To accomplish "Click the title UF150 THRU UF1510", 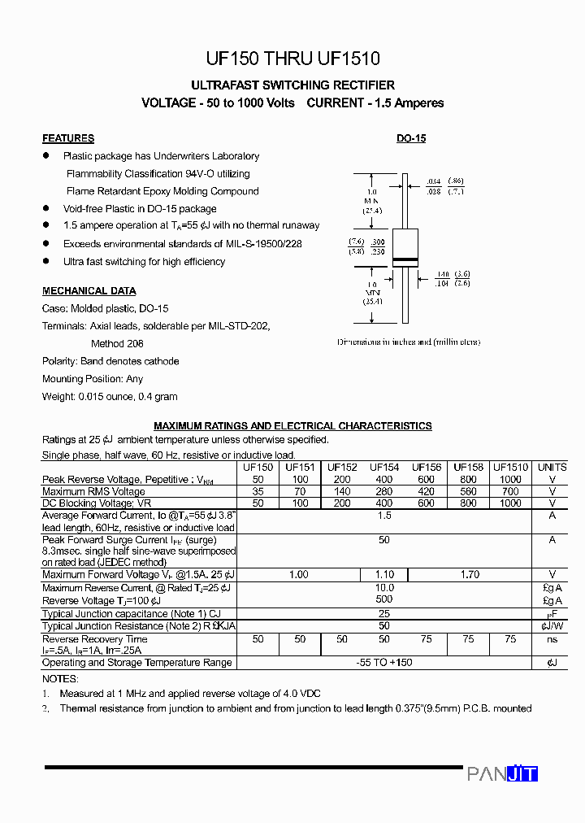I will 292,59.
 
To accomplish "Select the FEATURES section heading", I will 68,138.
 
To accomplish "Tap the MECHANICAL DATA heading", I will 89,291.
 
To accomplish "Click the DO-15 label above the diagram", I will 411,138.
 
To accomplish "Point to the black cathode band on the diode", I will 405,260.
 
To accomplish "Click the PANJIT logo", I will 502,774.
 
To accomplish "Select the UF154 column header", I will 384,468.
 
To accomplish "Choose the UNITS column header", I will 552,468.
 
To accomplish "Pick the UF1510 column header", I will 510,468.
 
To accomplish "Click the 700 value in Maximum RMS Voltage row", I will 510,491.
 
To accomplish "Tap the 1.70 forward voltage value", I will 470,575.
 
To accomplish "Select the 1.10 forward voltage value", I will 384,575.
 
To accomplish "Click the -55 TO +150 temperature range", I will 384,662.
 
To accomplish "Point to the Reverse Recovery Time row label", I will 94,639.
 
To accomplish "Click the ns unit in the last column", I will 552,639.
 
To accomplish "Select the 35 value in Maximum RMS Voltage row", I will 258,491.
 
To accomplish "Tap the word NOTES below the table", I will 60,678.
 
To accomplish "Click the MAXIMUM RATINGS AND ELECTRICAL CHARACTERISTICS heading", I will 292,426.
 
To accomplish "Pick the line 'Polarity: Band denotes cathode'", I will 110,361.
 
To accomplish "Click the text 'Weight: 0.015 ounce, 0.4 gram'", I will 110,397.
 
